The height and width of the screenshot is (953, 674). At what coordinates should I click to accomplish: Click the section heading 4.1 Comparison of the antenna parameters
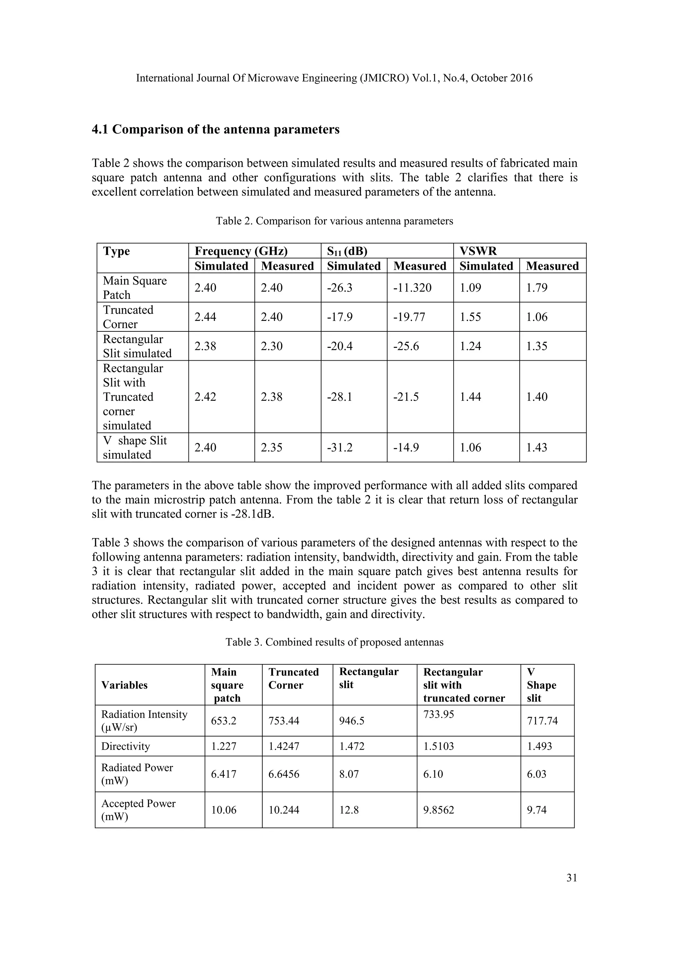click(x=216, y=130)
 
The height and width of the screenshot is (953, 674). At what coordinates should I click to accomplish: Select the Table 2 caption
click(x=334, y=221)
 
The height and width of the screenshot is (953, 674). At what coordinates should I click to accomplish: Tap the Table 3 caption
click(x=334, y=642)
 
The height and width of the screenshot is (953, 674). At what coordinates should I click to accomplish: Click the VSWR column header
click(x=478, y=251)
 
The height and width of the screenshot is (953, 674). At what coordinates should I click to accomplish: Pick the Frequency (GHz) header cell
click(x=241, y=251)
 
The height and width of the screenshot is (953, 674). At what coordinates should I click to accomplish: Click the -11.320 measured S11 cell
click(x=412, y=288)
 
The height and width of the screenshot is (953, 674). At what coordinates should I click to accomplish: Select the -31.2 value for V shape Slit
click(x=340, y=448)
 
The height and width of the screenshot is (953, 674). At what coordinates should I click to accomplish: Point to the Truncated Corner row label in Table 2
click(x=128, y=317)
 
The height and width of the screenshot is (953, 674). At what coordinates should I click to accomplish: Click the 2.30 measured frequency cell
click(x=272, y=346)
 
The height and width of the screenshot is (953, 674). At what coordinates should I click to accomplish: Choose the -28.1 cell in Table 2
click(x=340, y=397)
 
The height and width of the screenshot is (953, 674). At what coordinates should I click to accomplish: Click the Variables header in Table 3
click(x=124, y=685)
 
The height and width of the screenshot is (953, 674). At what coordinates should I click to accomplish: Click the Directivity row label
click(x=125, y=746)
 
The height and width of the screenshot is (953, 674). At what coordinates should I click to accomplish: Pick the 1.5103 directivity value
click(x=438, y=746)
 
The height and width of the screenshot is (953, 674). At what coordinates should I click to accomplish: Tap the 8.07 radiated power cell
click(x=350, y=774)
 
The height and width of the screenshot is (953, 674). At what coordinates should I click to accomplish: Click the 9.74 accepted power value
click(x=537, y=810)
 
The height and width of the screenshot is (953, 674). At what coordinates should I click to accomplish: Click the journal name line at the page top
click(x=334, y=78)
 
